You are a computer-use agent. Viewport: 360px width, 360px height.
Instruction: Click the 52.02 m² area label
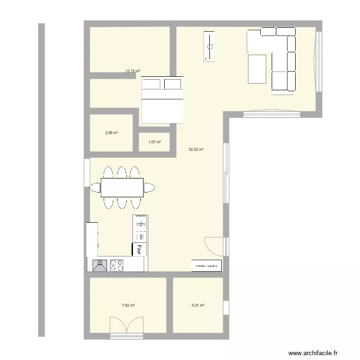[196, 149]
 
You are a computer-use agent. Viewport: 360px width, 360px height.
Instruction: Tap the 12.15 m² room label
[132, 71]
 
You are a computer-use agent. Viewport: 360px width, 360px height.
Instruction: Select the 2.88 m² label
[111, 133]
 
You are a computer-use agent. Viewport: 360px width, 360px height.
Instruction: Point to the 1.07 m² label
[154, 142]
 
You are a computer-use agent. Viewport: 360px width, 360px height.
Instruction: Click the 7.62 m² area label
[128, 305]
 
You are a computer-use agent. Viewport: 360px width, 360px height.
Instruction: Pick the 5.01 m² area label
[198, 305]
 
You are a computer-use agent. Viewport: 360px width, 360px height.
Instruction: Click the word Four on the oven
[139, 249]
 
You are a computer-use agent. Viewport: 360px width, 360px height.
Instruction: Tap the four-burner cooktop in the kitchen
[117, 265]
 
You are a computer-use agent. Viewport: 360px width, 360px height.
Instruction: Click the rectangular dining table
[122, 187]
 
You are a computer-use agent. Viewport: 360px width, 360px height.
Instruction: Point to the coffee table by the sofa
[257, 69]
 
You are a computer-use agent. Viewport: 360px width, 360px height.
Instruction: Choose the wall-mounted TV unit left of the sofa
[209, 46]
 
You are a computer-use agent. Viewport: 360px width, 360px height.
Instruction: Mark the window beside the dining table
[86, 173]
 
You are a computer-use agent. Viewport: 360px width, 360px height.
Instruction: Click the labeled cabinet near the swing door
[207, 265]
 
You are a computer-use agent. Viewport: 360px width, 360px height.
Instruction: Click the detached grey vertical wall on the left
[41, 180]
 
